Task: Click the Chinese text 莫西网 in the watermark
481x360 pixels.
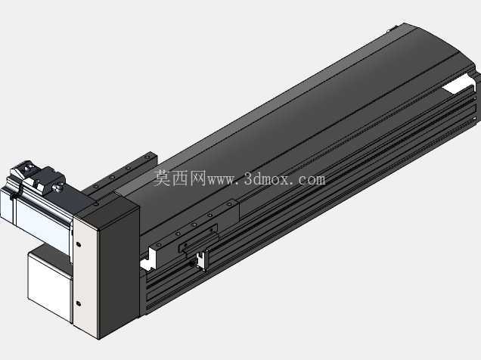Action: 179,178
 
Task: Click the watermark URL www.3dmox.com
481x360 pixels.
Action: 266,178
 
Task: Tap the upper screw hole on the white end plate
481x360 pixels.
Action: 78,244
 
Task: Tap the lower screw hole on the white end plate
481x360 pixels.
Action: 78,303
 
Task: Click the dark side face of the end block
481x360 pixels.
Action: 118,270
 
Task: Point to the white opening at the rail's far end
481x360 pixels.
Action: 457,86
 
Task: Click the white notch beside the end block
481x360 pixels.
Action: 148,260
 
